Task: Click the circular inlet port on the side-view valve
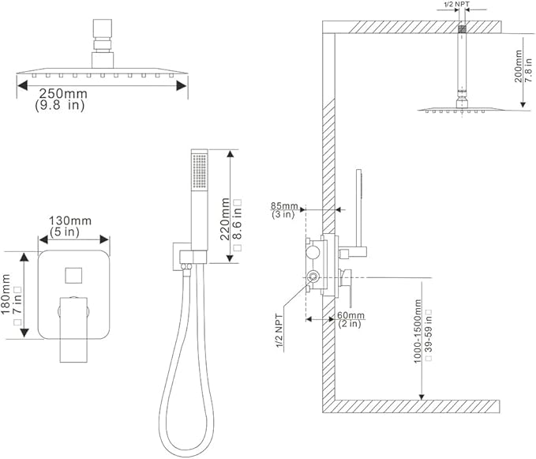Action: (313, 276)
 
